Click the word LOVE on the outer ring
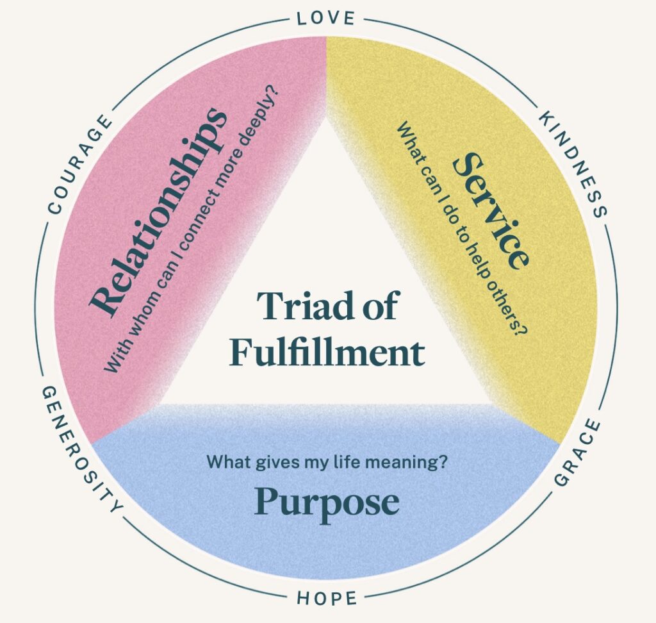coord(326,19)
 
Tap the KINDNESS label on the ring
coord(572,163)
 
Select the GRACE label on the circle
coord(578,453)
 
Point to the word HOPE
coord(327,598)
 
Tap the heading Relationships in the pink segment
coord(159,212)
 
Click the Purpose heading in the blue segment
coord(327,503)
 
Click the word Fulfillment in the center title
coord(327,352)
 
